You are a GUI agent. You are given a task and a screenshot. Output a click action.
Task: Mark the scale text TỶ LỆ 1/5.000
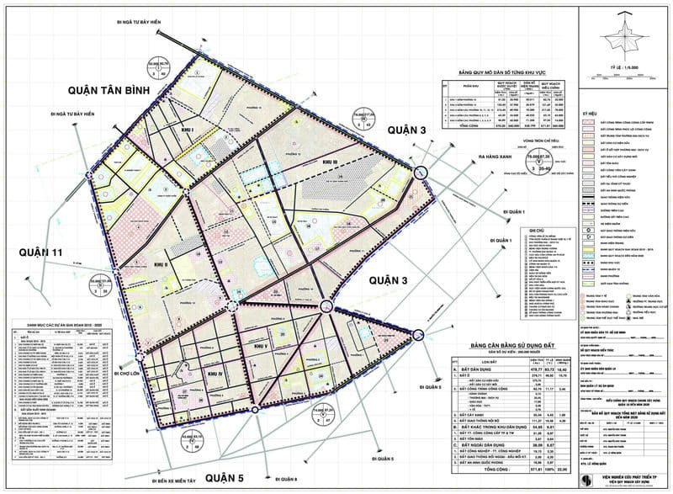click(x=626, y=62)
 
